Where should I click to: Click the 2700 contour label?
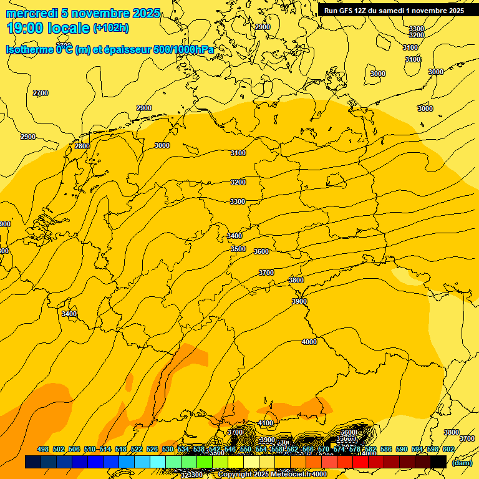point(41,93)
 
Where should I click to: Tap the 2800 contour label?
point(82,146)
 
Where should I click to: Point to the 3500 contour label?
point(238,249)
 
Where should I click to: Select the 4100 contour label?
point(266,423)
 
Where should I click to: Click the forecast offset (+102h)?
point(111,28)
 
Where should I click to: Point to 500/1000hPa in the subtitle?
point(183,50)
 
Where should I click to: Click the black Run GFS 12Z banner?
point(394,11)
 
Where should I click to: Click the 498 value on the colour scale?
point(43,449)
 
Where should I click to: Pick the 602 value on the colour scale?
point(448,449)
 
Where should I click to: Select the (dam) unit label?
point(462,462)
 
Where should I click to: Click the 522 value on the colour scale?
point(137,449)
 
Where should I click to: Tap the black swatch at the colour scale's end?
point(438,462)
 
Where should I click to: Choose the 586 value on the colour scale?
point(386,449)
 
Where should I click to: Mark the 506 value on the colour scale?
point(74,449)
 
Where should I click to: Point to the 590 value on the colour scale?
point(402,449)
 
